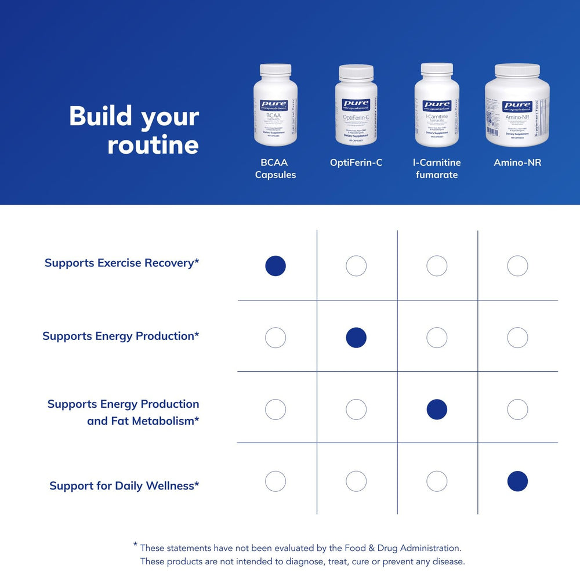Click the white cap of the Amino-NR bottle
(517, 71)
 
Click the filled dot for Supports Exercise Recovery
(275, 266)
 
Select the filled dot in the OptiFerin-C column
(356, 338)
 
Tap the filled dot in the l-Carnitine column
(437, 409)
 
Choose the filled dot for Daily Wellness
(517, 481)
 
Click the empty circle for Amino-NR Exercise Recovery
(517, 266)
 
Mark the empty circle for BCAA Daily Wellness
(275, 481)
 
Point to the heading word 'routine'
(153, 144)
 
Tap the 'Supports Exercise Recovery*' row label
(122, 263)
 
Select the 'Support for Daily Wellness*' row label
(124, 485)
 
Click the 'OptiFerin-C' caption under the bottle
(356, 162)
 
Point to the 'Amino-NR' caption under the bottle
(517, 162)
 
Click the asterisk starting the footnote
(135, 545)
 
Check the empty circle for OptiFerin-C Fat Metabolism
(356, 409)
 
